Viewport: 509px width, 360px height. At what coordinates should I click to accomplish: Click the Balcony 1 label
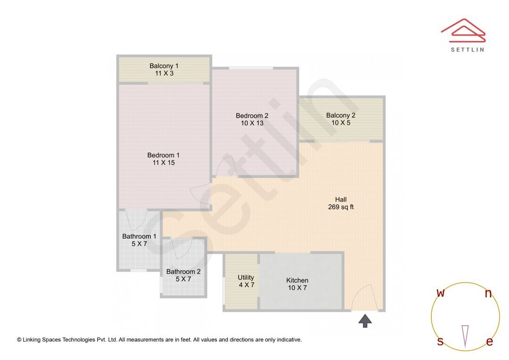click(x=164, y=65)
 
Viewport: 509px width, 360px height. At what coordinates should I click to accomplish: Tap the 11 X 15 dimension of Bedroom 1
click(x=163, y=163)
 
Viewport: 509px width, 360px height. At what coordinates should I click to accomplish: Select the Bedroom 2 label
click(x=252, y=115)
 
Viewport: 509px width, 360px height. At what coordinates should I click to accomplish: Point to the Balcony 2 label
click(x=341, y=115)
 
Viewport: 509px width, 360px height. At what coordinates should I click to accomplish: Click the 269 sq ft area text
click(x=341, y=207)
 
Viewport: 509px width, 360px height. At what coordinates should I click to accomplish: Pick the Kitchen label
click(x=297, y=280)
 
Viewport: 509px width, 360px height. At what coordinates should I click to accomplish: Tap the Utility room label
click(x=246, y=278)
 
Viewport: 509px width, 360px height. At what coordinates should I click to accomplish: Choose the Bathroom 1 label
click(x=139, y=236)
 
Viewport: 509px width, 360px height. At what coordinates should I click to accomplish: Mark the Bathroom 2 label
click(x=183, y=271)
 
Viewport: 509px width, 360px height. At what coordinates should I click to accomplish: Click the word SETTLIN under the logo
click(x=467, y=49)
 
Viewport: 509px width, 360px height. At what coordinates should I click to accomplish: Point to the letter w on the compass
click(x=441, y=293)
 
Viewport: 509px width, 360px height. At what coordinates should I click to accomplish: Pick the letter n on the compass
click(x=488, y=294)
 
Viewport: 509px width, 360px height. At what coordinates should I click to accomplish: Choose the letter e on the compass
click(x=490, y=342)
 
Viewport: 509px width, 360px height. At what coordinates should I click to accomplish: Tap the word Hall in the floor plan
click(x=341, y=199)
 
